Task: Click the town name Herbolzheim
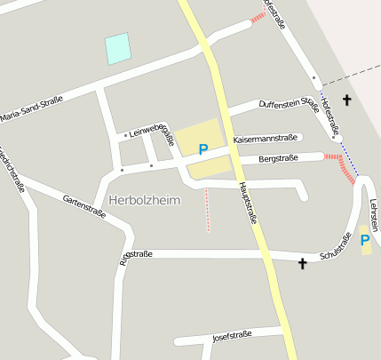144,200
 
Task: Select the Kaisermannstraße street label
264,139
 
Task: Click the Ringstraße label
135,254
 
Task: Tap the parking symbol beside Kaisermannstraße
203,149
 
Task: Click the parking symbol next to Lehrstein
365,240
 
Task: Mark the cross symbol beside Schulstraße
303,263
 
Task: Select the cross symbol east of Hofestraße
346,100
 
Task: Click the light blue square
117,49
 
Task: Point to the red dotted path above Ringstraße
208,210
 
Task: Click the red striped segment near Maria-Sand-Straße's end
258,17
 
